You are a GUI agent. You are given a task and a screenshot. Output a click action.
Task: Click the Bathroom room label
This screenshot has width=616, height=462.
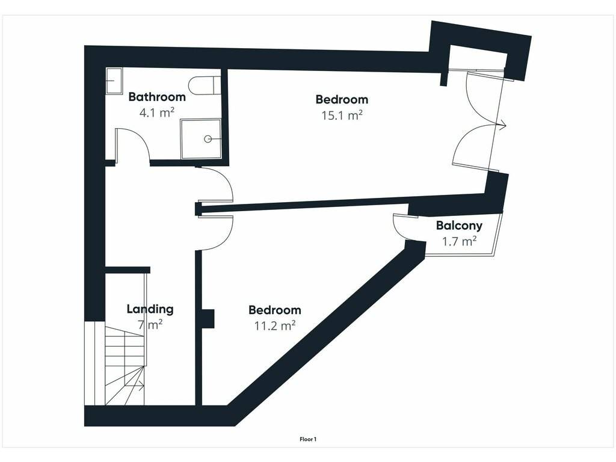[x=157, y=97]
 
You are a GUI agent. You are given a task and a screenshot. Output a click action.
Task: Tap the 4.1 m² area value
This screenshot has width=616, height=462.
[x=157, y=112]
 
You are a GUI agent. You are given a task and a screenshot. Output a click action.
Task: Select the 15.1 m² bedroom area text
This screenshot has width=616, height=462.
[x=342, y=115]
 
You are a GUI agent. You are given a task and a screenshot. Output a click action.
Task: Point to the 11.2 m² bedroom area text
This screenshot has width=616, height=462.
[x=275, y=325]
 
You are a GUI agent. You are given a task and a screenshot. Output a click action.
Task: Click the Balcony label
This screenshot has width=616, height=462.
[x=459, y=226]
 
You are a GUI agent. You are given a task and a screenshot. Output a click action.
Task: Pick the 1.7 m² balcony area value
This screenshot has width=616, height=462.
[x=459, y=241]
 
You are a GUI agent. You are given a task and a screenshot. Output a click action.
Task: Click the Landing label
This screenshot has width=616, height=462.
[x=150, y=309]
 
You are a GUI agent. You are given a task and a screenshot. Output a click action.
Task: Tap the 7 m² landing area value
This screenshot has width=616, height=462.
[x=150, y=325]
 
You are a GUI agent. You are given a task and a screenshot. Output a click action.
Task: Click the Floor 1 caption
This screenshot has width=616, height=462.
[x=308, y=439]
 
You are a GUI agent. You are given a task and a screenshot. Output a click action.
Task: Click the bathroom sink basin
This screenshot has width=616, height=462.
[x=114, y=81]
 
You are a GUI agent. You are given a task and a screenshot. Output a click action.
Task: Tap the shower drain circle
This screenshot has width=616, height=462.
[x=208, y=139]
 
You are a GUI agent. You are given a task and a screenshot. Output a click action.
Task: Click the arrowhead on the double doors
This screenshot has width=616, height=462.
[x=502, y=126]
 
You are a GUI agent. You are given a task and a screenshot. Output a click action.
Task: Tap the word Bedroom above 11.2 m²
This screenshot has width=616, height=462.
[x=275, y=310]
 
